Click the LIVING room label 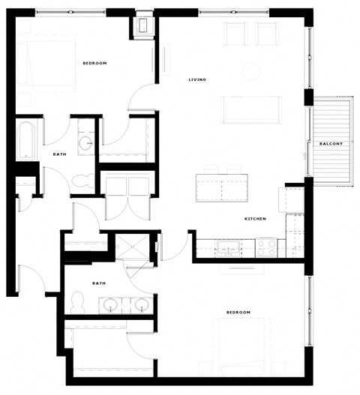coord(197,79)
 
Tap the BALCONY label coord(331,143)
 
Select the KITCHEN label coord(255,219)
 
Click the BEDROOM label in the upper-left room coord(94,63)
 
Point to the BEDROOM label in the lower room coord(238,311)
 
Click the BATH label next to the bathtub coord(59,154)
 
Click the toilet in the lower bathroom coord(76,303)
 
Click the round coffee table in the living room coord(250,72)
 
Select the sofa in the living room coord(250,109)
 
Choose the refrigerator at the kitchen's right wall coord(291,200)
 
